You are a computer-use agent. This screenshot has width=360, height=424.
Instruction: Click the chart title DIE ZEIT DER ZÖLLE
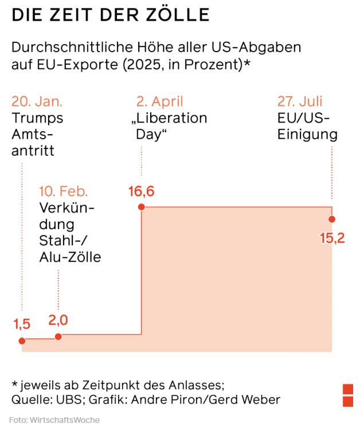pos(111,15)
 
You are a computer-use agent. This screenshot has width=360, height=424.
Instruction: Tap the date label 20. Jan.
pos(37,102)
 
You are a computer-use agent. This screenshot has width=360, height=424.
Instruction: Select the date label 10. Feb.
pos(64,191)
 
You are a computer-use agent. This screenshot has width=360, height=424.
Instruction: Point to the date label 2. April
pos(160,102)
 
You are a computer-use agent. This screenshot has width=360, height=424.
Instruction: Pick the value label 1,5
pos(22,324)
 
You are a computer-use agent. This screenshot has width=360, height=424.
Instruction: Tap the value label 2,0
pos(58,321)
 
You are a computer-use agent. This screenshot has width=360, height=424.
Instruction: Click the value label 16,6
pos(142,191)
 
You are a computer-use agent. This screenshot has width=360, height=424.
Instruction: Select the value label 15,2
pos(332,238)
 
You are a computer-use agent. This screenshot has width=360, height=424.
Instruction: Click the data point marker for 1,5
pos(22,341)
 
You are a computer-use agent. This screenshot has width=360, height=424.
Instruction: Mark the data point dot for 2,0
pos(58,337)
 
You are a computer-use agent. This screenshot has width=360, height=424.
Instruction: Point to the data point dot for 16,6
pos(142,207)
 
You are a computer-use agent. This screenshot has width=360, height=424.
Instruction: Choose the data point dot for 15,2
pos(332,219)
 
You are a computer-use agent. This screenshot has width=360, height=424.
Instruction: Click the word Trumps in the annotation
pos(37,119)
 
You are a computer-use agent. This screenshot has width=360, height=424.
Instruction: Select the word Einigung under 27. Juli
pos(307,135)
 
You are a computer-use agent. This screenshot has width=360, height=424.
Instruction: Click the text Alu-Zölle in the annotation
pos(70,257)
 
